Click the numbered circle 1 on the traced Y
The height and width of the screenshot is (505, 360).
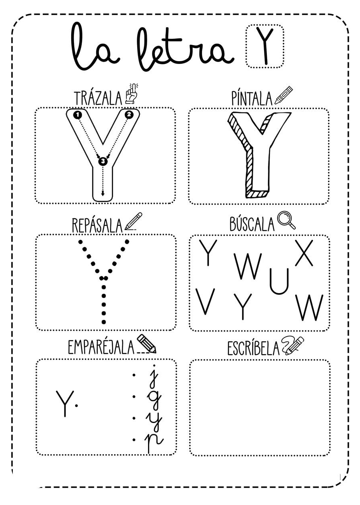point(78,115)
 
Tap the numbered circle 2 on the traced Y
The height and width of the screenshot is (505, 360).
point(129,115)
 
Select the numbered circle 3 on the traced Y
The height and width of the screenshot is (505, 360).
point(103,162)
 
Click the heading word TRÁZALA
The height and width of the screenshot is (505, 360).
point(98,98)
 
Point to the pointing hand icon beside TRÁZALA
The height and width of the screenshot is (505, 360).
point(131,94)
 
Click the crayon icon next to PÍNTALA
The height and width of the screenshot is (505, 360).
point(284,95)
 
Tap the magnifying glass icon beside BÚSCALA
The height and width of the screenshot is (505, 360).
point(286,220)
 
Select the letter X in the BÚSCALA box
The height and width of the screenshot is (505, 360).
point(304,253)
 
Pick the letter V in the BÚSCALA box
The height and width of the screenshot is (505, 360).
point(206,301)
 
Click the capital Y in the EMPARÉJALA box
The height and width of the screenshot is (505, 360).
point(64,403)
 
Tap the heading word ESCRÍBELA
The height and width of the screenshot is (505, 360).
point(253,349)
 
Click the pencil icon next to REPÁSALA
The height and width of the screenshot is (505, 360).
point(133,221)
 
